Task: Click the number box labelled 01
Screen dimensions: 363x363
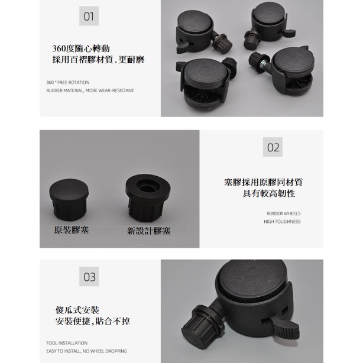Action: point(89,16)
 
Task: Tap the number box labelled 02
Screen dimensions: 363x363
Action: point(273,147)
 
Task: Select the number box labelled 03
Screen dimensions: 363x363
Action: point(89,277)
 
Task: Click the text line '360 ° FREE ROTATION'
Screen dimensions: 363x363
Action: point(68,82)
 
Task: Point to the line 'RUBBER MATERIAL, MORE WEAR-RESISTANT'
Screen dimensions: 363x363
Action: point(90,90)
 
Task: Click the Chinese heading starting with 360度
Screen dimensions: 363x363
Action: point(81,48)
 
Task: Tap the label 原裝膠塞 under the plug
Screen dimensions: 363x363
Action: point(72,230)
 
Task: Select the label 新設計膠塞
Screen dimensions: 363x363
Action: point(149,231)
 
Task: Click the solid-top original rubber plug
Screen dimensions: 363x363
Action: point(69,199)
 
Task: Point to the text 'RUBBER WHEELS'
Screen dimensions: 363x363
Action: point(284,213)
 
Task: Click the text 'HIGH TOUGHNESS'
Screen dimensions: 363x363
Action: point(282,222)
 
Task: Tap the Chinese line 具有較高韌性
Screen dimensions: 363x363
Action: point(269,193)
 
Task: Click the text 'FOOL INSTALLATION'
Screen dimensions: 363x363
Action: point(67,343)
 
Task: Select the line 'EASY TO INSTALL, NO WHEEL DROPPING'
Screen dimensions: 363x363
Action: point(86,351)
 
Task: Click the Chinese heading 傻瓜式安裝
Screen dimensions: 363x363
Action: point(77,310)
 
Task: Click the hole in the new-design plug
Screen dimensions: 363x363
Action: point(146,186)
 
